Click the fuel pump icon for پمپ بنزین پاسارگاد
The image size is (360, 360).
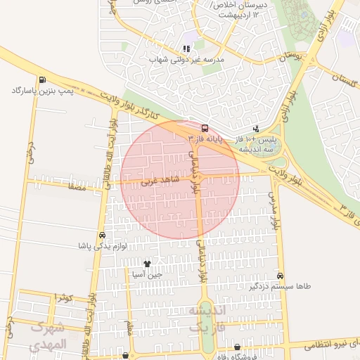click(44, 79)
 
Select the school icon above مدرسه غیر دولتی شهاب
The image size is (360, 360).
click(186, 49)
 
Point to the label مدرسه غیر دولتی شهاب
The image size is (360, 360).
click(186, 60)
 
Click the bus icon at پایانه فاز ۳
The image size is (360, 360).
click(205, 129)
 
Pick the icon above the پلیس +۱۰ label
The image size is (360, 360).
click(256, 129)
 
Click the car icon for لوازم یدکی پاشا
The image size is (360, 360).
click(102, 236)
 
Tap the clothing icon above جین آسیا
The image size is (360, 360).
click(147, 264)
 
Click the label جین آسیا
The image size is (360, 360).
click(147, 275)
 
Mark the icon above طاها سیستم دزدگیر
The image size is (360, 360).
click(281, 276)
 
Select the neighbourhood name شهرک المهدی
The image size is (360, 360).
click(48, 336)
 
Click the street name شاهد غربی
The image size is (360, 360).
click(160, 181)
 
